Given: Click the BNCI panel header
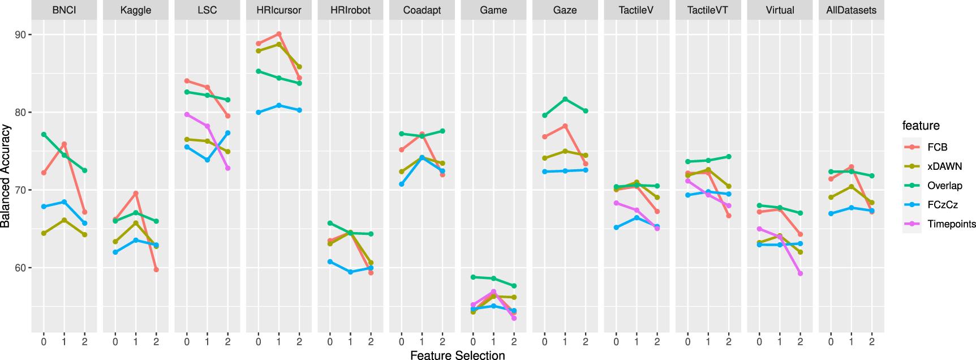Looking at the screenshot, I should tap(64, 10).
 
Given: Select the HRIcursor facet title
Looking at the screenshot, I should tap(278, 10).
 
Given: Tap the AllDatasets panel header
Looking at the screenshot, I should tap(851, 10).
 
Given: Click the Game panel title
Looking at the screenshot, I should tap(493, 10).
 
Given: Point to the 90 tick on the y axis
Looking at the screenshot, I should tap(20, 35).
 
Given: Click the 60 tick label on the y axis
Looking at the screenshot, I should tap(20, 268).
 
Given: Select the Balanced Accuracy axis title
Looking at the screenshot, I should tap(6, 176).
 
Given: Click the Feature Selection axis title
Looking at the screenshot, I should tap(457, 355).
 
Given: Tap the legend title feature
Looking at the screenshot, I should tap(921, 126).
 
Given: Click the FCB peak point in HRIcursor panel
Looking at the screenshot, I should tap(279, 34).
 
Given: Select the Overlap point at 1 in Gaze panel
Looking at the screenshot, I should tap(565, 99).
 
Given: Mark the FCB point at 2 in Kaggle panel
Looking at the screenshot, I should tap(156, 269).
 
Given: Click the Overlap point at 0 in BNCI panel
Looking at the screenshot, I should tap(44, 134).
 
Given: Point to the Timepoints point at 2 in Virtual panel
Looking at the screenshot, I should tap(800, 273).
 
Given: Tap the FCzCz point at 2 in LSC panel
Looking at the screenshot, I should tap(228, 133).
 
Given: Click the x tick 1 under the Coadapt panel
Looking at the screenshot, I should tap(422, 342).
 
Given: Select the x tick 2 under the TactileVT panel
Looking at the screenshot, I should tap(729, 342).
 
